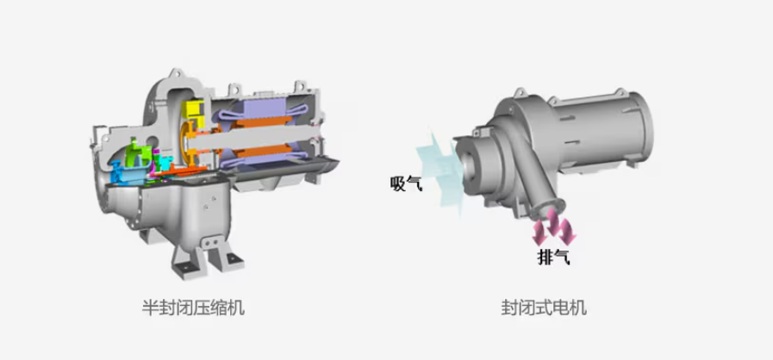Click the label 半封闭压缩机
pyautogui.click(x=193, y=309)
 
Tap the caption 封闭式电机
pyautogui.click(x=544, y=309)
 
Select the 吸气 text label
pyautogui.click(x=406, y=183)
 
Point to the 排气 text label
pyautogui.click(x=553, y=257)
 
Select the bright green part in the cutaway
pyautogui.click(x=136, y=153)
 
